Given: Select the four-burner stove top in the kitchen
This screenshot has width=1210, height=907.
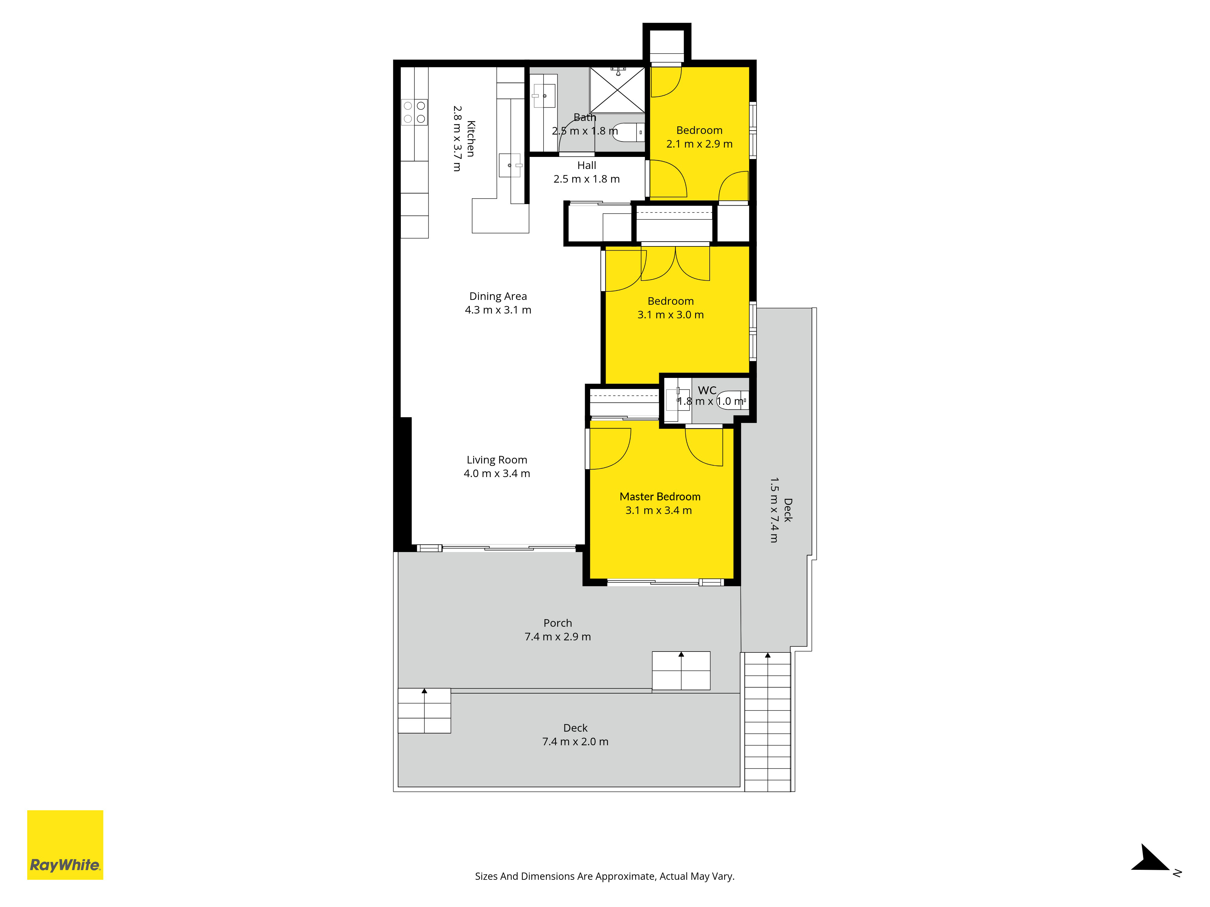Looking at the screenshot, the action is point(414,112).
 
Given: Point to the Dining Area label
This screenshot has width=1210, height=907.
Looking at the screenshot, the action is point(498,296).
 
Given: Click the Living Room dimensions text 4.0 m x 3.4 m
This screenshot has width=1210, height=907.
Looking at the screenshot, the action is point(497,473).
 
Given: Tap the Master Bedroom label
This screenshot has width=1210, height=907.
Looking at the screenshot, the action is point(660,496).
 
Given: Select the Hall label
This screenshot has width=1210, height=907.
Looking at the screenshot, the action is point(587,165).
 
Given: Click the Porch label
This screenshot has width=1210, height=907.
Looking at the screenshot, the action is point(558,623).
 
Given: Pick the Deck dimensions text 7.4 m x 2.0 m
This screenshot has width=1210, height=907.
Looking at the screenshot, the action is point(575,741).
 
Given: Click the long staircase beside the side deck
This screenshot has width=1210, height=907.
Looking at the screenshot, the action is point(767,722).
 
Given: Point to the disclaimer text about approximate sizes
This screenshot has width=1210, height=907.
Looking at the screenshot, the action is point(604,876).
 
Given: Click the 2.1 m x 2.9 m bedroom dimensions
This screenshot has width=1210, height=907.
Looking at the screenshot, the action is point(699,144).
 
